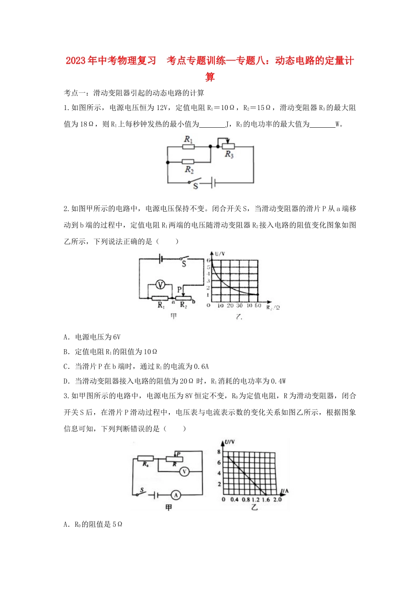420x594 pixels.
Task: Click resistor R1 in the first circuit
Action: (x=188, y=147)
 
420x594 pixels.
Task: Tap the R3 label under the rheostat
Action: (x=229, y=154)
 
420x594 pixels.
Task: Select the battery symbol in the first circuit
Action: (x=213, y=182)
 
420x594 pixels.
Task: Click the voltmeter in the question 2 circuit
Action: (x=161, y=285)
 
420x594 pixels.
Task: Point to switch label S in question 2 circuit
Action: (x=184, y=264)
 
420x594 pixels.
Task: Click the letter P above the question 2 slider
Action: (x=179, y=289)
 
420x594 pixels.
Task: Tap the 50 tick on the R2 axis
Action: (x=258, y=305)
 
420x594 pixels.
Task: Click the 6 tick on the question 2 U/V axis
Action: (x=209, y=261)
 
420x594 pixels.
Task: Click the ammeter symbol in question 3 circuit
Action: (x=176, y=495)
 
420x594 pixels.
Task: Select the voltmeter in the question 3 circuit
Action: (x=184, y=472)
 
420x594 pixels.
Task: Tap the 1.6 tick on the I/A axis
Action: (x=266, y=499)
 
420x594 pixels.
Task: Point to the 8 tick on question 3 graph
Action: (x=219, y=452)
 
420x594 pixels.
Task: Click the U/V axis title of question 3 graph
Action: (x=229, y=442)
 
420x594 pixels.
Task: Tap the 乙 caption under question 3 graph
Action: (x=254, y=507)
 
